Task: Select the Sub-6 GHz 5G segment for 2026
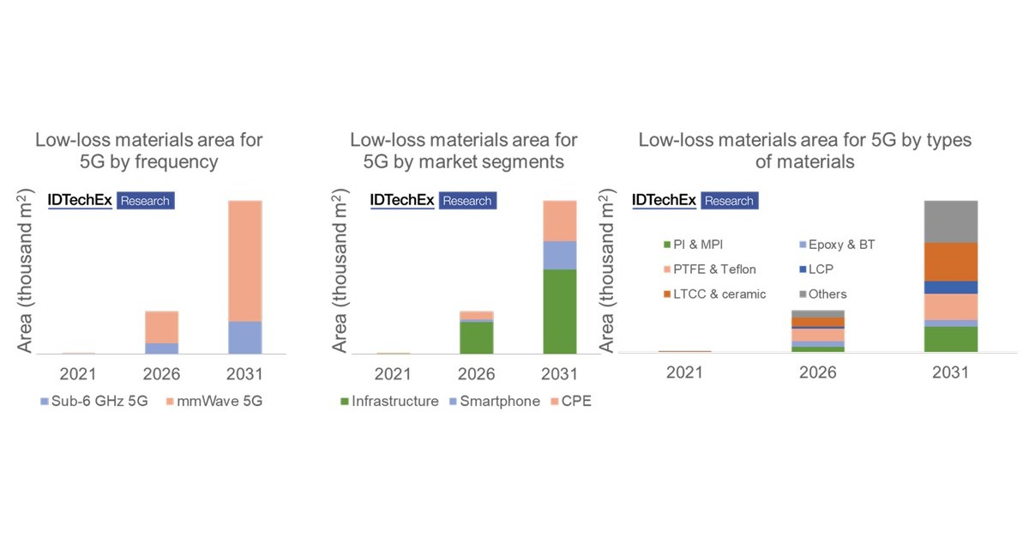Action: [161, 348]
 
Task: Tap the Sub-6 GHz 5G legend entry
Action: [88, 401]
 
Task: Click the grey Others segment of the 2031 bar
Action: [950, 221]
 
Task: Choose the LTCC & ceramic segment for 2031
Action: [950, 262]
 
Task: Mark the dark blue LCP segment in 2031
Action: [950, 288]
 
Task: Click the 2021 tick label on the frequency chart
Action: [78, 374]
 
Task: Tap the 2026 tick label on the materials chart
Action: [817, 372]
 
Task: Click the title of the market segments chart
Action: [464, 150]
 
